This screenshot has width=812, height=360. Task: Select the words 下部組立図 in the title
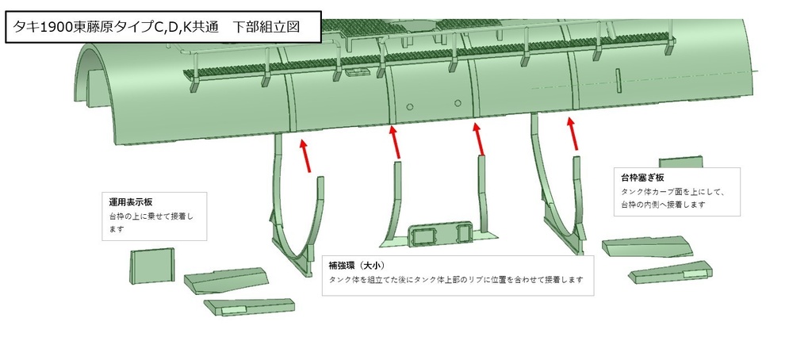click(265, 26)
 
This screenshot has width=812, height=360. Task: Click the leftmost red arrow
click(305, 155)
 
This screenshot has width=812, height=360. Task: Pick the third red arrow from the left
click(477, 141)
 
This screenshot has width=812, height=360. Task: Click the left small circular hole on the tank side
click(409, 106)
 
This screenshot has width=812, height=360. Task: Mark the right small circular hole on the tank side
click(458, 104)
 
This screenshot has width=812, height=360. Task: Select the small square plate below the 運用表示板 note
click(151, 265)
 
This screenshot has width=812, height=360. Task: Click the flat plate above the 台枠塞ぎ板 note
click(680, 162)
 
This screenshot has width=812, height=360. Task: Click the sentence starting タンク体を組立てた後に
click(456, 280)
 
